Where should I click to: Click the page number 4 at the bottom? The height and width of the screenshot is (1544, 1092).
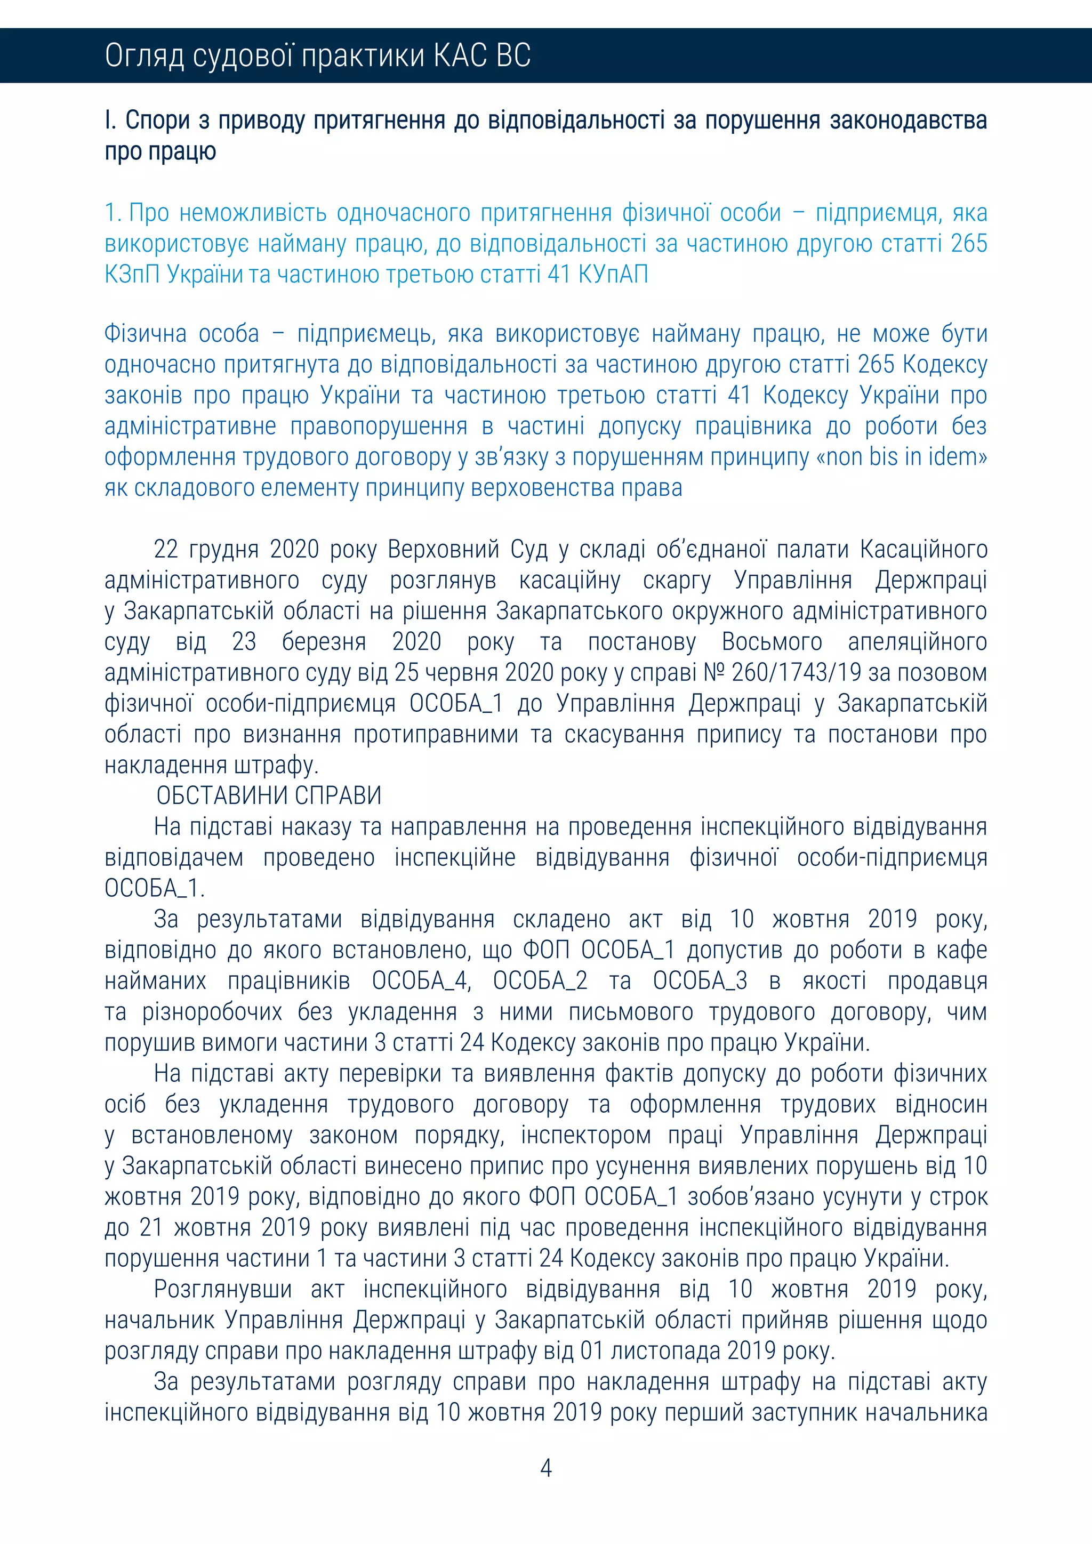tap(546, 1467)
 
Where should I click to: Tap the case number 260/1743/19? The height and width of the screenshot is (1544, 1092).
tap(796, 672)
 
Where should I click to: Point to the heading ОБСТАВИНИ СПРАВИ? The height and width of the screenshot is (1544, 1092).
tap(269, 795)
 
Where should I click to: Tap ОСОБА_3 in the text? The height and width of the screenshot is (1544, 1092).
tap(700, 980)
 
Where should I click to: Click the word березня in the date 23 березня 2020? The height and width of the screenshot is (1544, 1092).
tap(324, 641)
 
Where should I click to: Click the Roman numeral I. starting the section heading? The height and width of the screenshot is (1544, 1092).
tap(110, 120)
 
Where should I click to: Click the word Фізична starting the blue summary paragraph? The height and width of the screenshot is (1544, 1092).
tap(144, 334)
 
